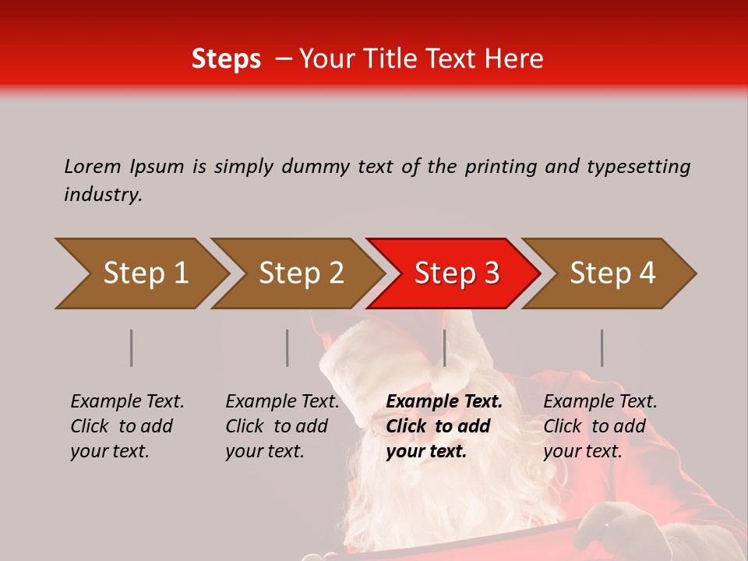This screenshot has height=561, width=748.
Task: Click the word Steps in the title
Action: [x=226, y=58]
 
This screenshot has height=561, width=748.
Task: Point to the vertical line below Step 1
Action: [x=132, y=348]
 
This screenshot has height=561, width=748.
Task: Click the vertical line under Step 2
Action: [x=288, y=348]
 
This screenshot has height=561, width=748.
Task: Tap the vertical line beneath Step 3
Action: [x=444, y=348]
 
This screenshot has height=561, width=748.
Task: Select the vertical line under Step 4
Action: [x=602, y=348]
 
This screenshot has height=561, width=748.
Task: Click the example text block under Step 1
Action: [x=127, y=426]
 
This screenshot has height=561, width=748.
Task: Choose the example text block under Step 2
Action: [x=282, y=426]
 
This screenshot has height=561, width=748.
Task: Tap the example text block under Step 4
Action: [x=600, y=426]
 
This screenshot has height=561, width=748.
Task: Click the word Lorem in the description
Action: [x=93, y=166]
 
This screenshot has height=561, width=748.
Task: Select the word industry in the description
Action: [x=103, y=195]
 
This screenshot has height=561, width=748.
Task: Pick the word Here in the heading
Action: [x=513, y=58]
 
